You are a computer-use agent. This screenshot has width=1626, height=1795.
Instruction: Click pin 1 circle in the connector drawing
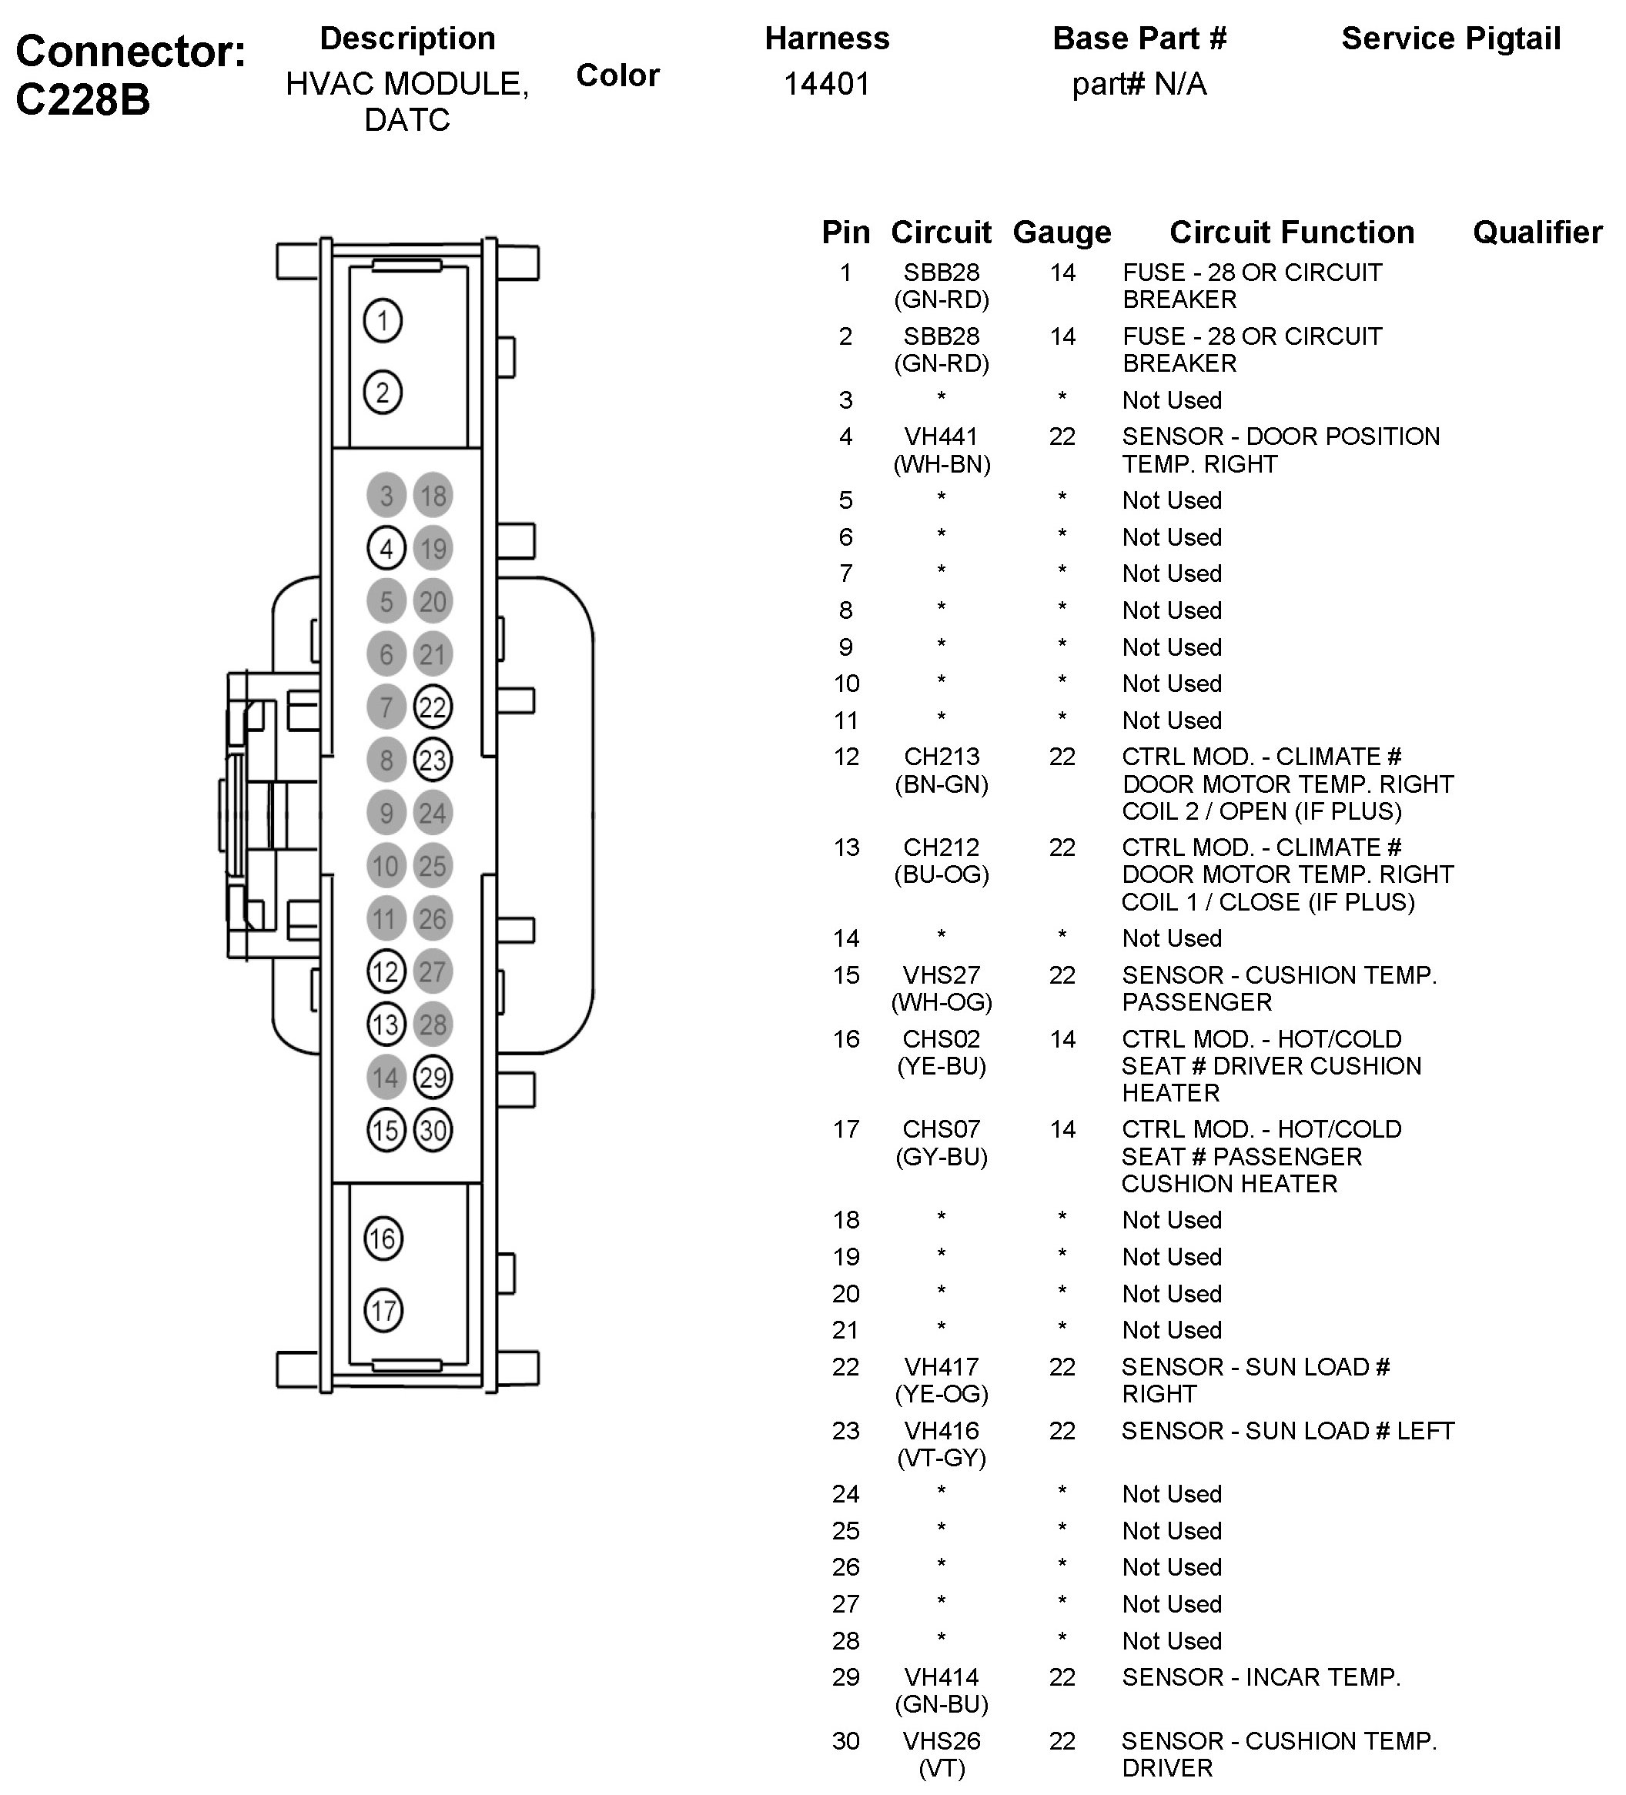pos(383,320)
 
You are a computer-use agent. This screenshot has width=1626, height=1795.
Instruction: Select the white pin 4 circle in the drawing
pos(386,549)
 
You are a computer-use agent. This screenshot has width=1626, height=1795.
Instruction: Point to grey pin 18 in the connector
pos(433,495)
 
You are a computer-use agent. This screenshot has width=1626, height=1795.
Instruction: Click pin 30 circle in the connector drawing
pos(433,1130)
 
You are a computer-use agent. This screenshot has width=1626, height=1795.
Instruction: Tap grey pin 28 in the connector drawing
pos(433,1024)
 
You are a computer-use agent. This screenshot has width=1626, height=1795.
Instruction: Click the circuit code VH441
pos(942,436)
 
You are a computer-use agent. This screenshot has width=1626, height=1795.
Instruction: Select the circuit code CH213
pos(942,757)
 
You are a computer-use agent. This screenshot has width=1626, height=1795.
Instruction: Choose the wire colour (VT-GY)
pos(942,1458)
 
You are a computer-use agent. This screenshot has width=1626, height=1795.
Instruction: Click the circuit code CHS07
pos(942,1129)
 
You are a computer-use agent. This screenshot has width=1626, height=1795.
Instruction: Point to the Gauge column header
pos(1062,232)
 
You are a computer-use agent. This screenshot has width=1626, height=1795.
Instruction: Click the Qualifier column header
pos(1537,232)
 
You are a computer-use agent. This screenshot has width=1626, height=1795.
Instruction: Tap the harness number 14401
pos(826,85)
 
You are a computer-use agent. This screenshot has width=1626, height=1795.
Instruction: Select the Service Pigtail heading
pos(1450,38)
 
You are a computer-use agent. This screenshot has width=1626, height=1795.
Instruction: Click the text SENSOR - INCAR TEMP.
pos(1261,1677)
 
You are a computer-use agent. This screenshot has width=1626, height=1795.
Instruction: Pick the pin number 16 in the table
pos(846,1039)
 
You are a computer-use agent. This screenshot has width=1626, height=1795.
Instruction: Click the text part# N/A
pos(1139,85)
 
